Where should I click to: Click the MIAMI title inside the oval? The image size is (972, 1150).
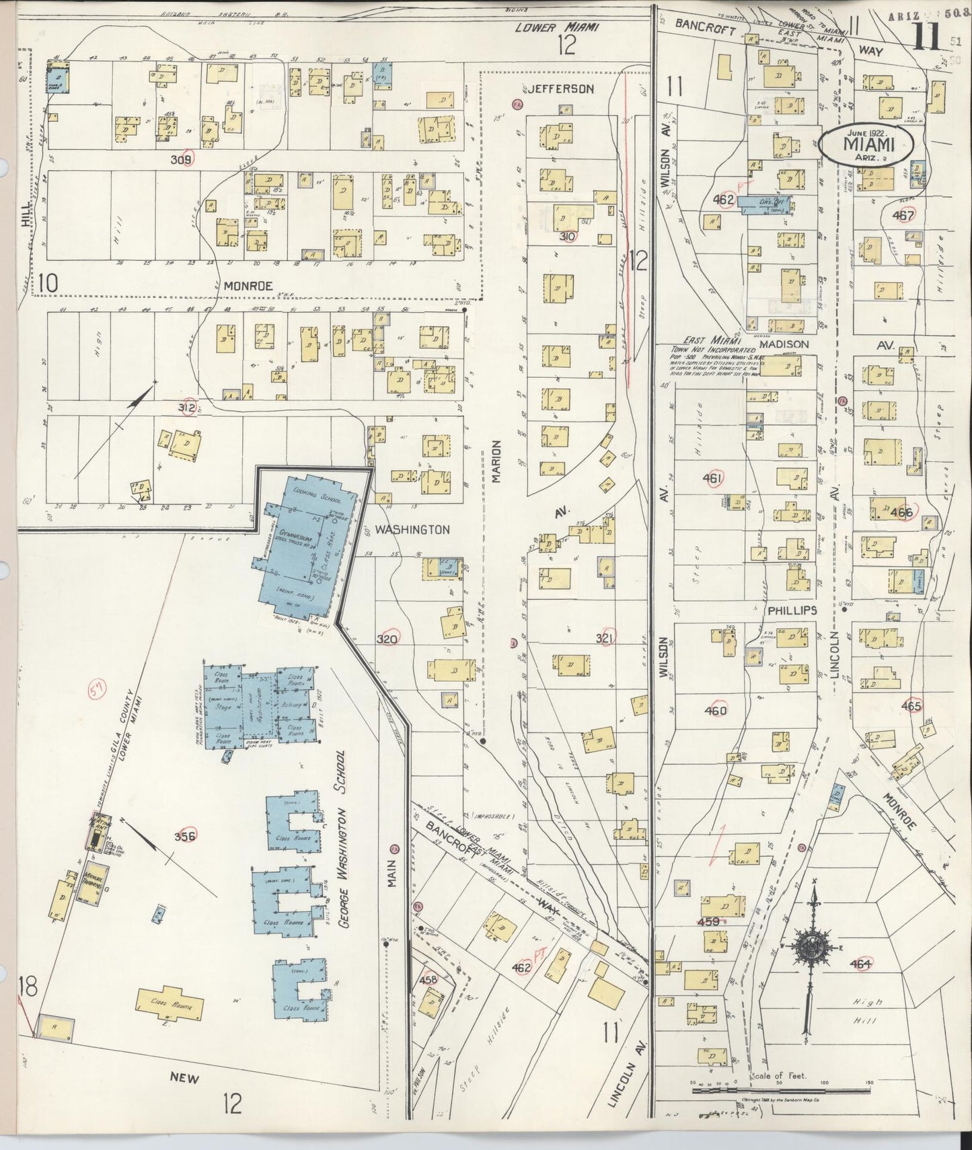click(x=867, y=145)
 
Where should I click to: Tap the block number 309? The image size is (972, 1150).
click(x=182, y=159)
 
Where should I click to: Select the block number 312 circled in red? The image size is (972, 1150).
click(x=186, y=407)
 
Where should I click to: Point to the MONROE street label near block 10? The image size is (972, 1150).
click(x=248, y=286)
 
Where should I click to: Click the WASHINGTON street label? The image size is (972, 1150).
click(x=412, y=530)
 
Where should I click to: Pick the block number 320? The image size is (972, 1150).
click(x=387, y=638)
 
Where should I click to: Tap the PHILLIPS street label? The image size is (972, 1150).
click(x=791, y=610)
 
